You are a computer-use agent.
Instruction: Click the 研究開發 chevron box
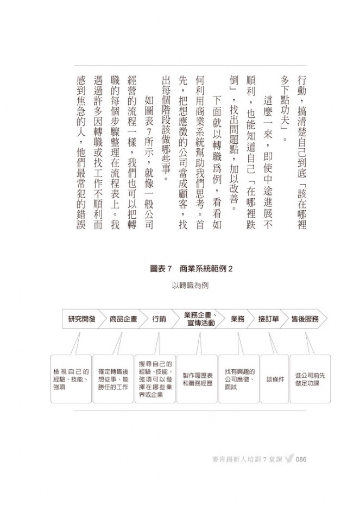coord(81,319)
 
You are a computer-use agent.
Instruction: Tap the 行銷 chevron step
coord(159,319)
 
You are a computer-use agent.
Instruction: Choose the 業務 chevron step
coord(238,319)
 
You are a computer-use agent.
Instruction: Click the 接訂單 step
coord(269,319)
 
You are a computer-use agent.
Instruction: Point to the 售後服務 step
coord(305,319)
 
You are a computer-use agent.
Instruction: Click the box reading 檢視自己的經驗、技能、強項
coord(71,378)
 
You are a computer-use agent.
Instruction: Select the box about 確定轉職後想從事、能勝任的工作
coord(113,378)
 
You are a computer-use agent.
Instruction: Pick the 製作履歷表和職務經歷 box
coord(198,378)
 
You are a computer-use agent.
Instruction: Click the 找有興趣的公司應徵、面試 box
coord(239,378)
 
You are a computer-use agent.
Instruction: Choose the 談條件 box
coord(275,378)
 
